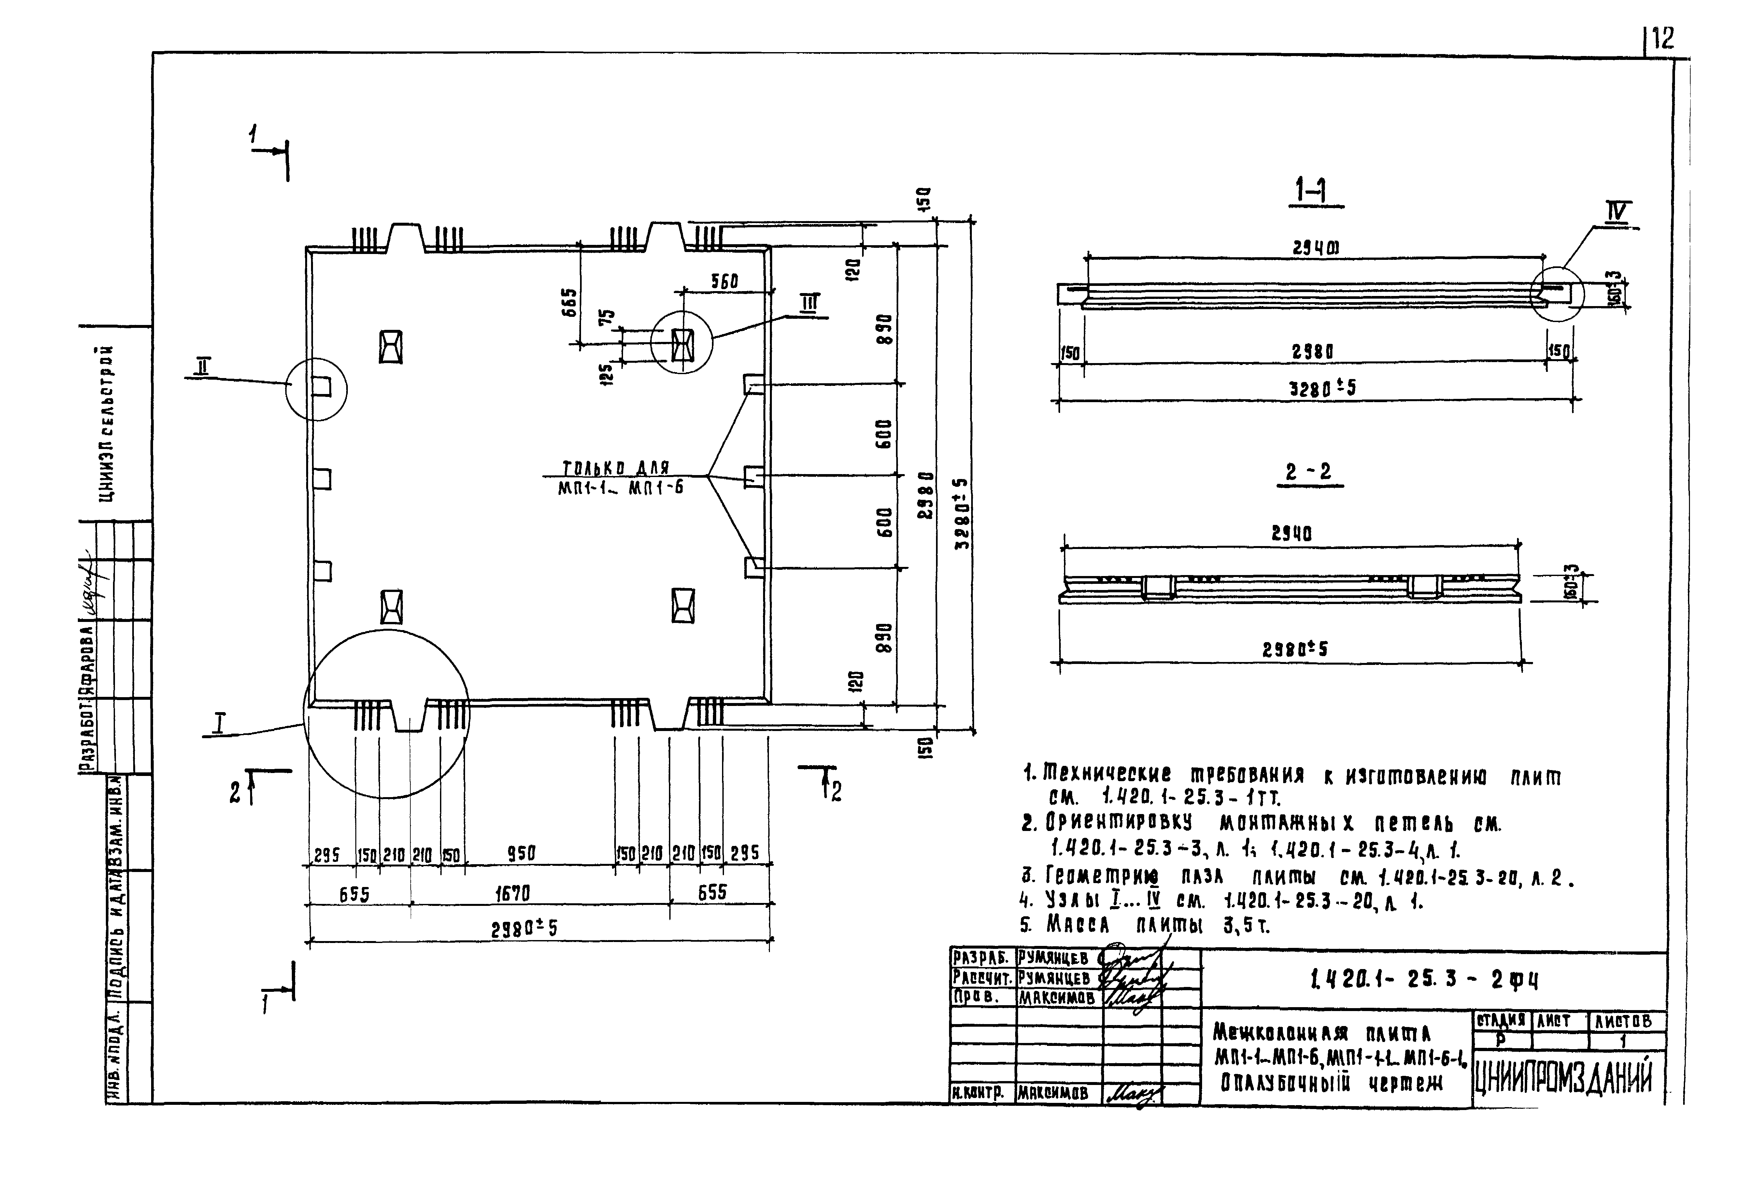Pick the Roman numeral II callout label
[203, 366]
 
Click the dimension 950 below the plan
[521, 854]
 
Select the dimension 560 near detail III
[725, 282]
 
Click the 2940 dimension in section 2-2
[1291, 534]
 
